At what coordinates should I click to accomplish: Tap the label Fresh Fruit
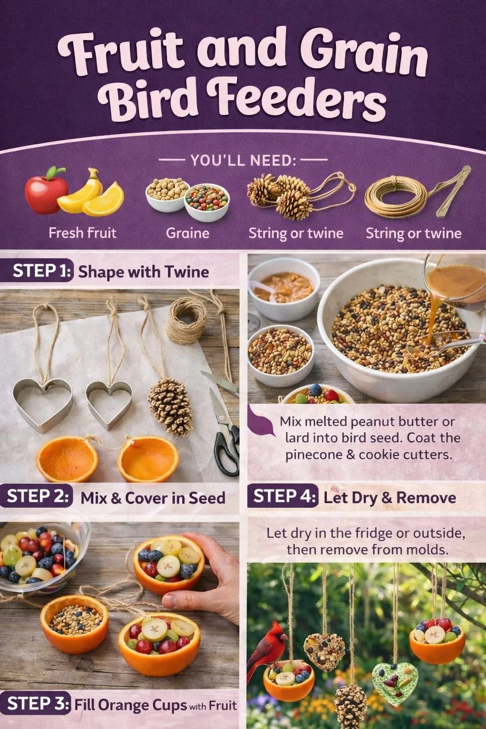pos(83,233)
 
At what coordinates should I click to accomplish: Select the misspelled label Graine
pos(187,233)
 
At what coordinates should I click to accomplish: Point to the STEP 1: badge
pos(41,271)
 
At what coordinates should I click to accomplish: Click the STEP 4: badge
pos(283,497)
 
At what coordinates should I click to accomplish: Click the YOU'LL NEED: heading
pos(243,160)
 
